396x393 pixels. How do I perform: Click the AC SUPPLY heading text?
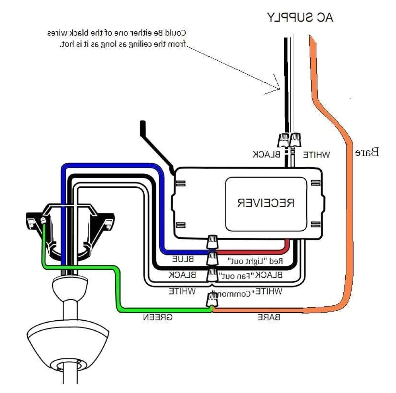[x=300, y=17]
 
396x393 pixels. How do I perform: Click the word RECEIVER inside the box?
[x=266, y=202]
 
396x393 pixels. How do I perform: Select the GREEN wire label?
[x=158, y=317]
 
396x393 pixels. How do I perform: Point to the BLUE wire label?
[x=183, y=259]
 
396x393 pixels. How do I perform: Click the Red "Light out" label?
[x=255, y=261]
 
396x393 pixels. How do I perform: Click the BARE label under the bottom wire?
[x=269, y=317]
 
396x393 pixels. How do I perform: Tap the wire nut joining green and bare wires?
[x=212, y=300]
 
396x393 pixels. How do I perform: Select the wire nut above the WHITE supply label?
[x=295, y=139]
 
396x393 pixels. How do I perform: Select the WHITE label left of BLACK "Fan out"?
[x=182, y=291]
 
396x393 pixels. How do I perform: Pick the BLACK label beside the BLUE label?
[x=182, y=275]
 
